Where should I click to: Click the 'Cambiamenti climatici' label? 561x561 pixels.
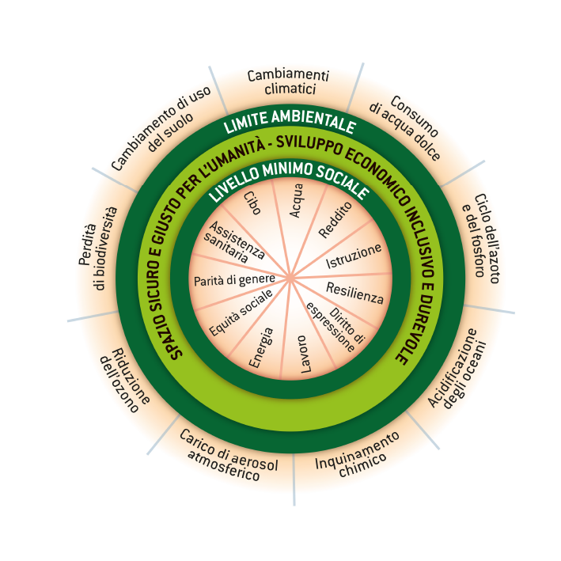pos(287,81)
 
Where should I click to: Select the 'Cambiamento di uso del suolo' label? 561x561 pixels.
pos(159,131)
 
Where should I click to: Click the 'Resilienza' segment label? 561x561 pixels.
pos(354,294)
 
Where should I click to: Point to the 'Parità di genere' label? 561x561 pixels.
pos(234,279)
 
